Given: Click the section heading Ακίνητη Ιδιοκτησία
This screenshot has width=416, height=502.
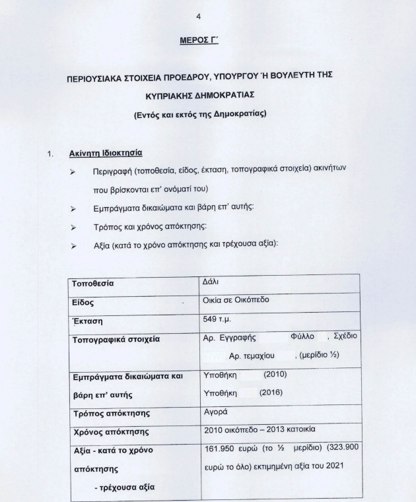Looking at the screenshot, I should coord(106,153).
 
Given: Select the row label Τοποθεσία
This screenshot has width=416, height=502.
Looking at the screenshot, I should coord(92,284).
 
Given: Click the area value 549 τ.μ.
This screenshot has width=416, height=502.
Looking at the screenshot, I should coord(219,321).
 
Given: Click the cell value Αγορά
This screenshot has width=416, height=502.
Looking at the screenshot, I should coord(215,413).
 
